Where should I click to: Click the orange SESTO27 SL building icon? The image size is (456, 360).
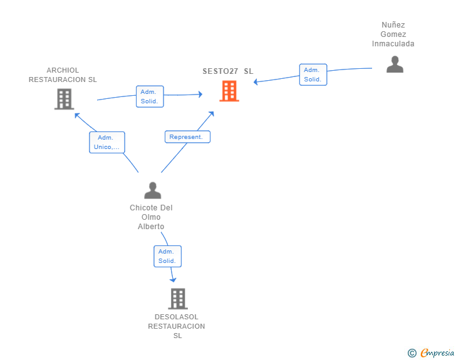pyautogui.click(x=229, y=91)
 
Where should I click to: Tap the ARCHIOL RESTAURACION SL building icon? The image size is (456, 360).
pyautogui.click(x=65, y=99)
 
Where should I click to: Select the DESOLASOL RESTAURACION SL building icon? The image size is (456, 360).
pyautogui.click(x=178, y=299)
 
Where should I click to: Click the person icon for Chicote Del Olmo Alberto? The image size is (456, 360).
pyautogui.click(x=153, y=190)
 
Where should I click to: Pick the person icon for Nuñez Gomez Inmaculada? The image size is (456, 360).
pyautogui.click(x=395, y=64)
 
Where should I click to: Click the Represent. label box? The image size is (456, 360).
pyautogui.click(x=187, y=137)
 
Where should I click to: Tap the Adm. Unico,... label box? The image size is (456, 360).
pyautogui.click(x=107, y=142)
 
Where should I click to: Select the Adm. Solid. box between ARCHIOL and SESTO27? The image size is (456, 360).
pyautogui.click(x=150, y=96)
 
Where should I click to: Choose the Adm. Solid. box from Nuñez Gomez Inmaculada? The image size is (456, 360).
pyautogui.click(x=313, y=75)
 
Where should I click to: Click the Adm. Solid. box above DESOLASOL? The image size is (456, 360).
pyautogui.click(x=167, y=256)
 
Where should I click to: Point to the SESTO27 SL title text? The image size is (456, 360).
pyautogui.click(x=228, y=71)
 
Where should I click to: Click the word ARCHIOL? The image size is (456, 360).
pyautogui.click(x=63, y=70)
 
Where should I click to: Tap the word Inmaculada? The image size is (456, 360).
pyautogui.click(x=393, y=44)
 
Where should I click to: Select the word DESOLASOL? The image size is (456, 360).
pyautogui.click(x=177, y=317)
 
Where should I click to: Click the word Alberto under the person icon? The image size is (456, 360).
pyautogui.click(x=151, y=227)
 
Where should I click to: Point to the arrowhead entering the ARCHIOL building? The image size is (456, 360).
pyautogui.click(x=77, y=115)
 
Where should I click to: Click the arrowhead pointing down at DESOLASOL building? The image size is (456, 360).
pyautogui.click(x=173, y=280)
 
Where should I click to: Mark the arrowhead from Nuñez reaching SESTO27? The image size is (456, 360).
pyautogui.click(x=256, y=82)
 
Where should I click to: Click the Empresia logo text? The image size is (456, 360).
pyautogui.click(x=437, y=353)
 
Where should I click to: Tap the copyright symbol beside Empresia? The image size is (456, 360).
pyautogui.click(x=412, y=353)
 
